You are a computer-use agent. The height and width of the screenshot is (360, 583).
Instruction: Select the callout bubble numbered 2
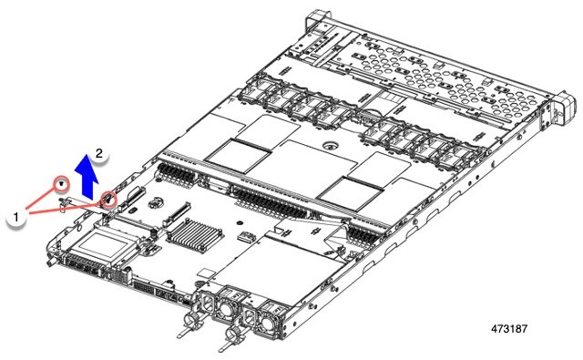pyautogui.click(x=100, y=154)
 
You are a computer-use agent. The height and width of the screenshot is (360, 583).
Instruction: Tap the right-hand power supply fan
pyautogui.click(x=270, y=320)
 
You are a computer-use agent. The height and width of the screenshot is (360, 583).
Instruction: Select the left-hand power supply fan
pyautogui.click(x=221, y=306)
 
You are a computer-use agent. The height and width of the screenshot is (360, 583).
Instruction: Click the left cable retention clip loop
pyautogui.click(x=191, y=322)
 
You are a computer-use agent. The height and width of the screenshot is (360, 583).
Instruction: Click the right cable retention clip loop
pyautogui.click(x=230, y=345)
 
